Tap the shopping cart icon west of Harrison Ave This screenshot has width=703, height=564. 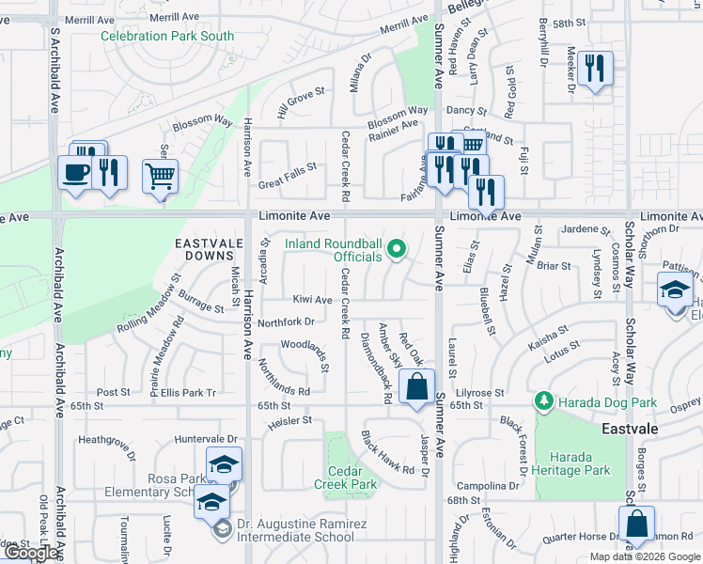point(161,175)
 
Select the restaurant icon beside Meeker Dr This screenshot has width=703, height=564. point(595,69)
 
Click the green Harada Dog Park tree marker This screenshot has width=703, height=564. point(543,402)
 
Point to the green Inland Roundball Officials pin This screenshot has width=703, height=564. point(397,249)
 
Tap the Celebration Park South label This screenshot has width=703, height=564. point(168,36)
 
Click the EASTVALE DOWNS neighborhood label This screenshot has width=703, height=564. point(204,249)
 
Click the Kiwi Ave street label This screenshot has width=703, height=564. point(313,300)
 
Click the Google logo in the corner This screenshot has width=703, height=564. point(31,553)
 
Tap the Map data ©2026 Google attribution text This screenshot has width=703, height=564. point(645,556)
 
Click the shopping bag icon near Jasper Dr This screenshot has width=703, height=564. point(416,386)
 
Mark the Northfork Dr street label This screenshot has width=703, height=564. point(285,321)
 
